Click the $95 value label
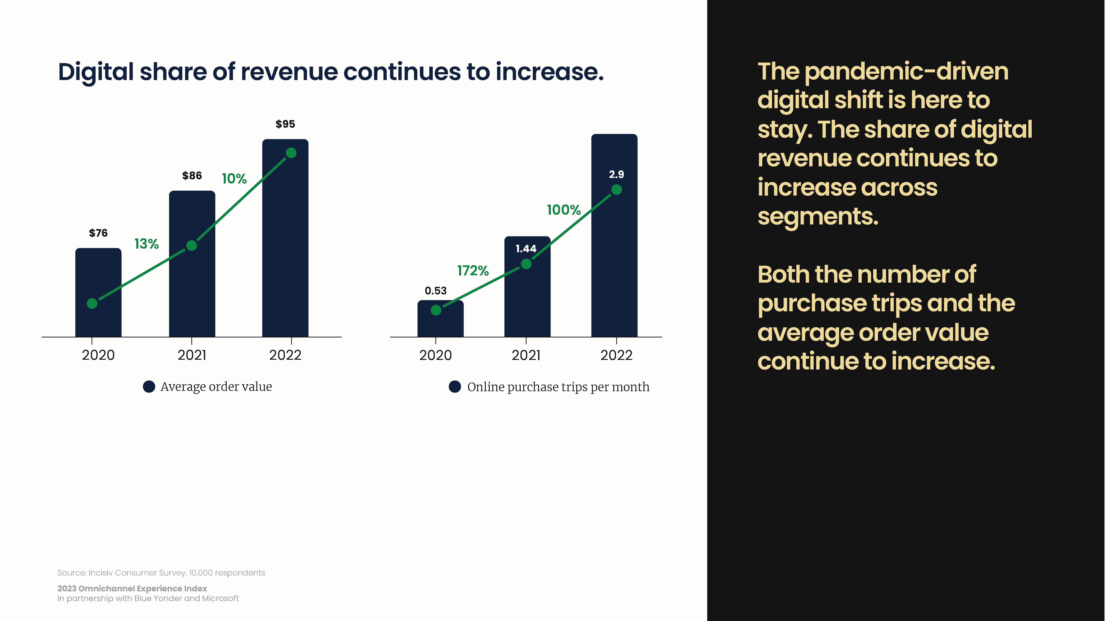(285, 124)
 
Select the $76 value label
(98, 233)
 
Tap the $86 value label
(192, 176)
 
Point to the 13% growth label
(147, 244)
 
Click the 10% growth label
(234, 179)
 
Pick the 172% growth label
(473, 271)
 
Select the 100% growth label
(564, 210)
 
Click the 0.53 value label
(436, 291)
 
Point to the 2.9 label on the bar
(616, 174)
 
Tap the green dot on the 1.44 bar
(526, 264)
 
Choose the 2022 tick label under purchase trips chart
(616, 355)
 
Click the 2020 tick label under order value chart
(98, 355)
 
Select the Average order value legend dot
(149, 387)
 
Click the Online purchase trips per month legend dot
(455, 387)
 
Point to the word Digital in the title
(96, 72)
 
